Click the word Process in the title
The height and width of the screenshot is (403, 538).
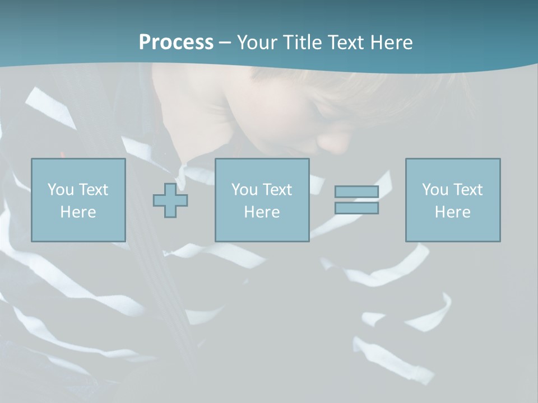176,42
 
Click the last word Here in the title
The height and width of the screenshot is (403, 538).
391,42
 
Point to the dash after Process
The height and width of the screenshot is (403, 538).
225,43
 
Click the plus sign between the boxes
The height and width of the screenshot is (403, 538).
170,200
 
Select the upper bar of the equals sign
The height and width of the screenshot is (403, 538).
356,191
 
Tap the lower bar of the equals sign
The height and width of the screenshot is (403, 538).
356,208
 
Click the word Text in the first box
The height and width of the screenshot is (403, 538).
93,190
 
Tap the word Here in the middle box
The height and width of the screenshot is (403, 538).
262,212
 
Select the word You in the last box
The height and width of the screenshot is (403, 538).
435,190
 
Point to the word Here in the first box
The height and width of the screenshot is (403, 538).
78,212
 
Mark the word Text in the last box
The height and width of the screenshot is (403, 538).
467,190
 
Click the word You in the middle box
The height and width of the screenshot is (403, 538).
244,190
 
